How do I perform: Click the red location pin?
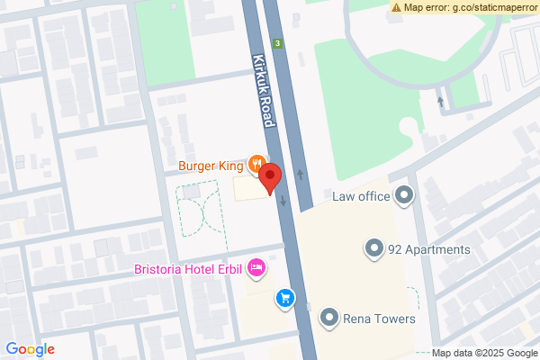point(271,178)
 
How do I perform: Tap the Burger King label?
point(211,166)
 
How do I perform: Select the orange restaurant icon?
point(256,164)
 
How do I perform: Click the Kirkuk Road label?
point(262,88)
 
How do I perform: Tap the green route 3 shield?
point(279,43)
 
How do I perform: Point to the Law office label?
point(360,196)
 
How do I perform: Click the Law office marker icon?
point(404,195)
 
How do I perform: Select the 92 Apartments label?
point(429,249)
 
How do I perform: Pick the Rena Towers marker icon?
point(329,317)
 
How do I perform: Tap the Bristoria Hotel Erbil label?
point(188,269)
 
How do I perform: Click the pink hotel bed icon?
point(256,267)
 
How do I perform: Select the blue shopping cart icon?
point(285,297)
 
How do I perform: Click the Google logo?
point(31,349)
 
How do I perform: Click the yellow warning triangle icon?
point(396,7)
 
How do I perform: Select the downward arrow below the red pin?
point(283,201)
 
